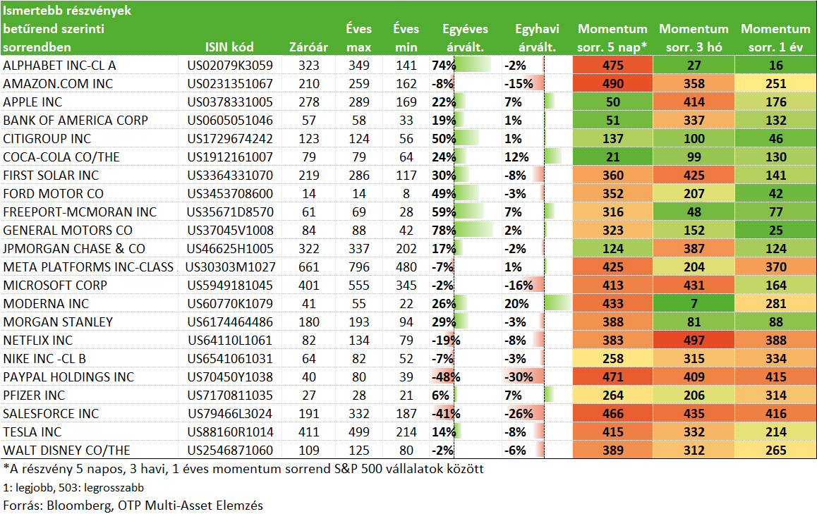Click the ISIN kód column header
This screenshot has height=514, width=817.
(x=229, y=47)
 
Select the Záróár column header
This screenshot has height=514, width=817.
(x=308, y=47)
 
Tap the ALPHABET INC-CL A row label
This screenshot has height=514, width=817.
(x=59, y=65)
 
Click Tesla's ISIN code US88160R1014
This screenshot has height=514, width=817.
(x=230, y=432)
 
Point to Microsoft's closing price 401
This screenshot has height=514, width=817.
(x=309, y=286)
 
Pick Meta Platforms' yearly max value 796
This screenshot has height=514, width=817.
(x=359, y=267)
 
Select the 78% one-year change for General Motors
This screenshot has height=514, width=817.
(x=444, y=230)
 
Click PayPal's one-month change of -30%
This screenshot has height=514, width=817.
(x=519, y=377)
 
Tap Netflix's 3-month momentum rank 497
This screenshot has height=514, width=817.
(x=694, y=340)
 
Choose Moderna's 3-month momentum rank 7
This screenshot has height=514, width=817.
(x=694, y=304)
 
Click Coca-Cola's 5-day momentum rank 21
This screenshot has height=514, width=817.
(x=612, y=157)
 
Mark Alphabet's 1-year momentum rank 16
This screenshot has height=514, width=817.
(x=776, y=65)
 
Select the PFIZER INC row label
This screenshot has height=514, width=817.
(x=34, y=396)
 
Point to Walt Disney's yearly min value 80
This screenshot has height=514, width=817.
(x=406, y=451)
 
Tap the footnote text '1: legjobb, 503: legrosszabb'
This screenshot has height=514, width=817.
(x=73, y=488)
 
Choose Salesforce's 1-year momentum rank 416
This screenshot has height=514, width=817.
(x=776, y=413)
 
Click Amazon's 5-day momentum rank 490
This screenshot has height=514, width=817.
(x=612, y=83)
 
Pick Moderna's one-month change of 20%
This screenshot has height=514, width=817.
(x=516, y=304)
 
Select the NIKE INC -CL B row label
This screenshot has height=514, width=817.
(x=44, y=359)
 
